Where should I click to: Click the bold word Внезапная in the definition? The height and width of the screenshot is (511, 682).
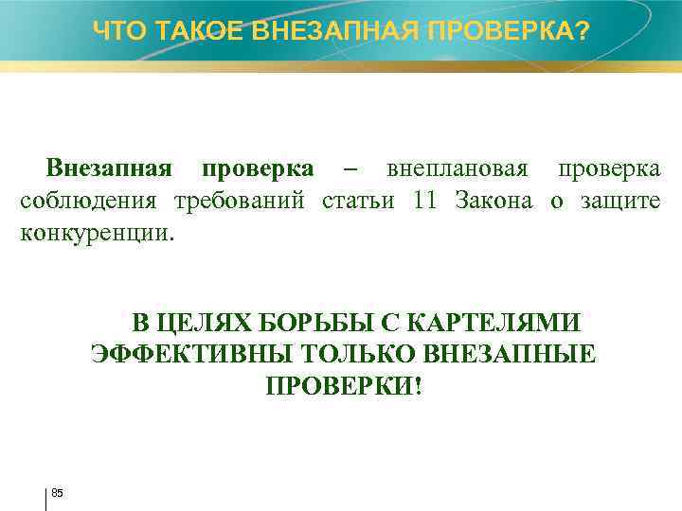coord(109,169)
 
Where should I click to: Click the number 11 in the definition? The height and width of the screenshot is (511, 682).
coord(425,201)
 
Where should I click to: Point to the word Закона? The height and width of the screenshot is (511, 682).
coord(494,201)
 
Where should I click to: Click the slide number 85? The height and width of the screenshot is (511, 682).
coord(57,493)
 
